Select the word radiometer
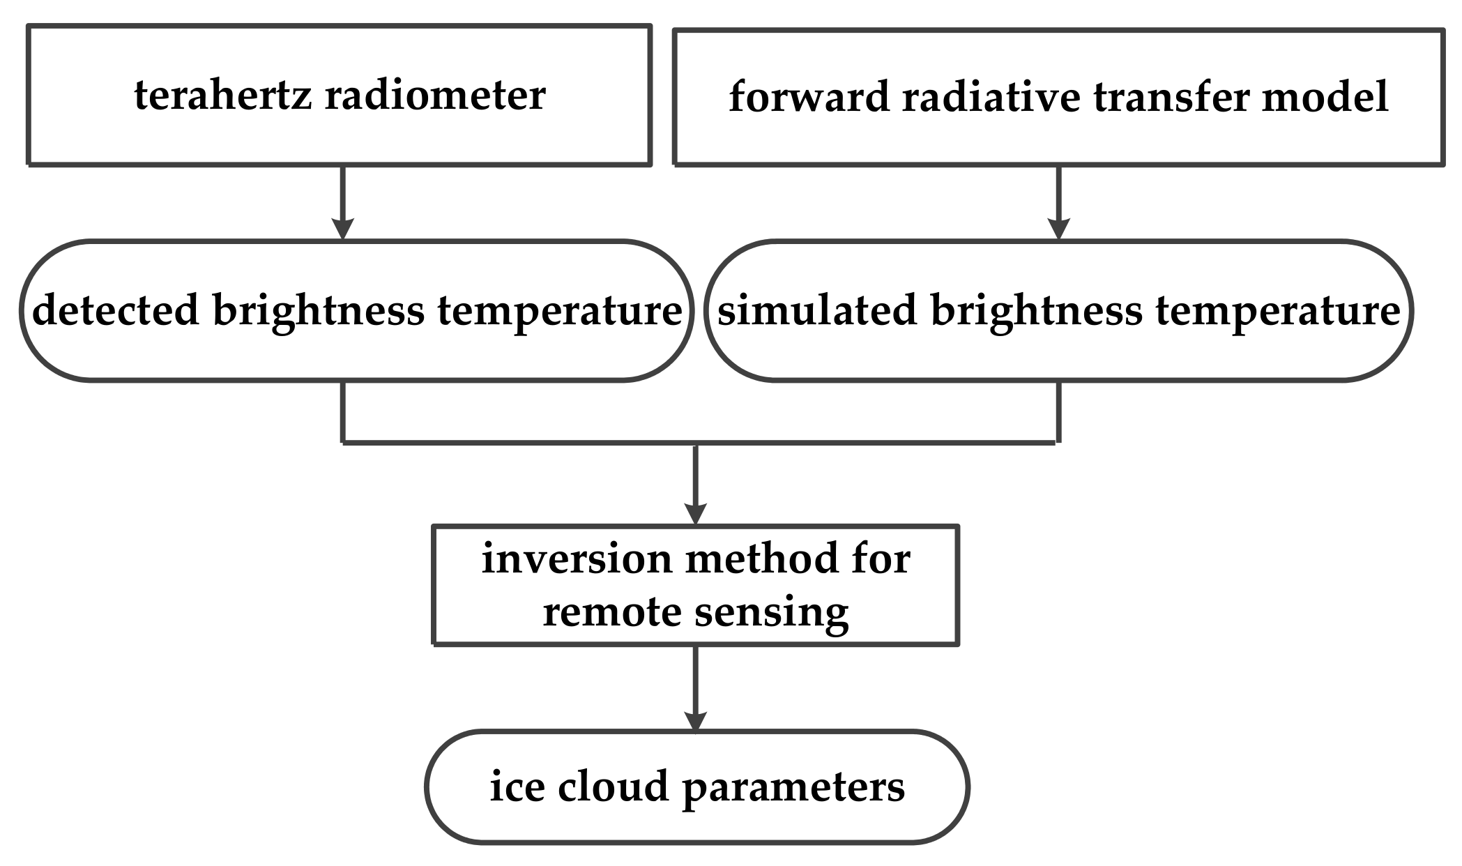pos(434,96)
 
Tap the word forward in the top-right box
pos(809,97)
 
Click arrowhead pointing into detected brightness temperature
pos(342,228)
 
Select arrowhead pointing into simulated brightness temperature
pos(1058,228)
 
